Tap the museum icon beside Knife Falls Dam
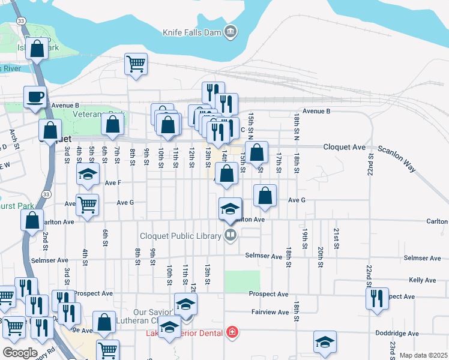(x=230, y=31)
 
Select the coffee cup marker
(x=35, y=97)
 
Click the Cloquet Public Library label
(x=181, y=236)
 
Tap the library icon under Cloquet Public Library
(x=230, y=235)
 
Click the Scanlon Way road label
(x=396, y=158)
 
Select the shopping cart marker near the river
(x=136, y=63)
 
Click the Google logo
(x=19, y=353)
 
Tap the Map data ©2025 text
(x=423, y=355)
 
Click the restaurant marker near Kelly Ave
(x=376, y=298)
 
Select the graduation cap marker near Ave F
(x=88, y=175)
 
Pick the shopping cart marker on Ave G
(x=88, y=205)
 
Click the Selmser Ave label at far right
(x=423, y=257)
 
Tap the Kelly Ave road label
(x=422, y=280)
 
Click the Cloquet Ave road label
(x=344, y=146)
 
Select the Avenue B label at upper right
(x=316, y=111)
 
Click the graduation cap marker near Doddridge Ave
(x=325, y=342)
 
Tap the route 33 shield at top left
(x=22, y=20)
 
